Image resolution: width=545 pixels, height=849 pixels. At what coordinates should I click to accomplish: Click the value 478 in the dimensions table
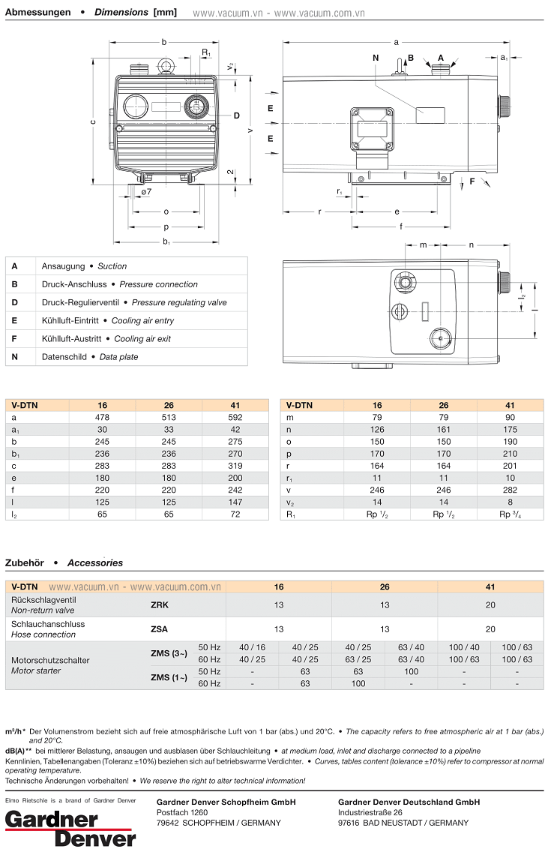pyautogui.click(x=102, y=418)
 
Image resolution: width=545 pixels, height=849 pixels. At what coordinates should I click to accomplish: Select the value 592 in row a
pyautogui.click(x=235, y=418)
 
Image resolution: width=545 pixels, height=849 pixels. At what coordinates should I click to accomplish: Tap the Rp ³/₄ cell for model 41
pyautogui.click(x=510, y=514)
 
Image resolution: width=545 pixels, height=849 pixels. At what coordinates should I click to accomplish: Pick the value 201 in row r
pyautogui.click(x=510, y=466)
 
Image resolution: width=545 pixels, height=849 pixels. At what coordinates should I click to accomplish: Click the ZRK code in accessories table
pyautogui.click(x=159, y=604)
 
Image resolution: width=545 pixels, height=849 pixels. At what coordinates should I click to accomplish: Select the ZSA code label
pyautogui.click(x=159, y=629)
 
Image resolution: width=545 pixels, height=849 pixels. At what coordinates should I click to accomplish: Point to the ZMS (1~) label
pyautogui.click(x=169, y=677)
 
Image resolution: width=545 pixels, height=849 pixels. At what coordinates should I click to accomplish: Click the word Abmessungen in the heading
pyautogui.click(x=38, y=12)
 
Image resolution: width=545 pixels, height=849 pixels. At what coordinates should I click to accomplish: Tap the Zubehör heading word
pyautogui.click(x=25, y=562)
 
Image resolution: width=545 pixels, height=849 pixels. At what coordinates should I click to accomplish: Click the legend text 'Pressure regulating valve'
pyautogui.click(x=179, y=303)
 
